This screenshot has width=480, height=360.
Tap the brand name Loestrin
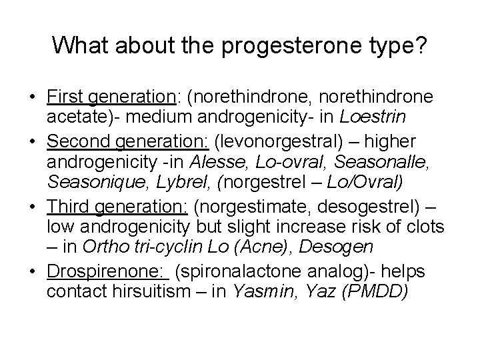(368, 118)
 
